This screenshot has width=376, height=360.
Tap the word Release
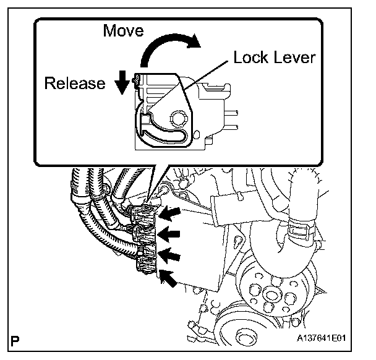click(x=75, y=84)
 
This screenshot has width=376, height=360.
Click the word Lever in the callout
click(x=295, y=58)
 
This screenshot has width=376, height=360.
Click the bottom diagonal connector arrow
click(x=168, y=277)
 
